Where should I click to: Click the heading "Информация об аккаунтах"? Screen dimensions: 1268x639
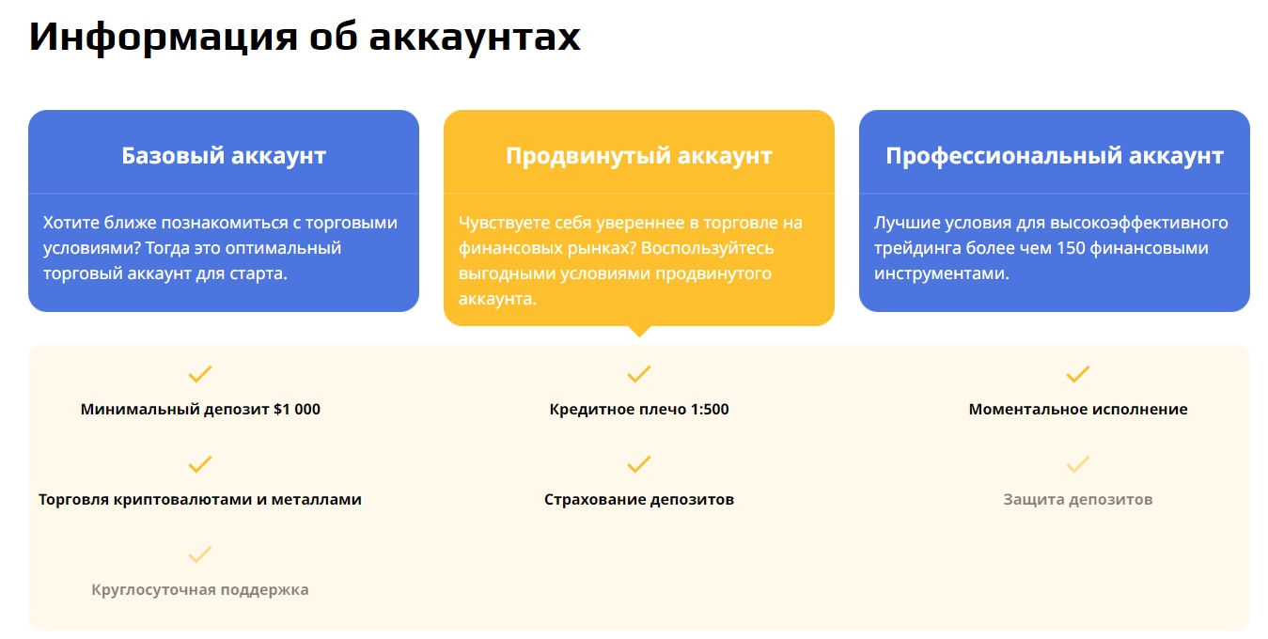[305, 38]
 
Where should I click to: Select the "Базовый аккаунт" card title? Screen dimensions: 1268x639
[224, 156]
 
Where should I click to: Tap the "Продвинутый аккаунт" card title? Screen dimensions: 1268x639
[638, 156]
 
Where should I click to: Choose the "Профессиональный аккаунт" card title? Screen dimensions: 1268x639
[1054, 156]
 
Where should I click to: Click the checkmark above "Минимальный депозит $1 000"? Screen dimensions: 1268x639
[200, 374]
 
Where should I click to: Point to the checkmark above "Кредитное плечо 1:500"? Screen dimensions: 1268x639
[639, 374]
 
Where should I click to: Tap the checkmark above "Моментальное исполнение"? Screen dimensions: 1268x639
[1078, 374]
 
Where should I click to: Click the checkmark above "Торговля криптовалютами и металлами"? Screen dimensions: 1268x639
[200, 464]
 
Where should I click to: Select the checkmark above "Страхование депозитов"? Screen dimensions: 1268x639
[639, 464]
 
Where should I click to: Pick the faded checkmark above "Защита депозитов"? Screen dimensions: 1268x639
[1078, 464]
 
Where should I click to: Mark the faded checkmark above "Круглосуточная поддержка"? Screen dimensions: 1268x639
[200, 554]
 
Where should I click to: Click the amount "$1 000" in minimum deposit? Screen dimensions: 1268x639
[297, 409]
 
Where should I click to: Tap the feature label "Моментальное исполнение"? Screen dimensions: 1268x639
[1078, 409]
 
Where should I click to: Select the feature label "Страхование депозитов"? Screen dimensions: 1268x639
[639, 500]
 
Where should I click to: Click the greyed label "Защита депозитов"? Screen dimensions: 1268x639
[1078, 500]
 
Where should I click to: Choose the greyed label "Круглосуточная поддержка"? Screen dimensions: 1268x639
[200, 590]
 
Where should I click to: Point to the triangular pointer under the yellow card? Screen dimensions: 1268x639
[639, 331]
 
